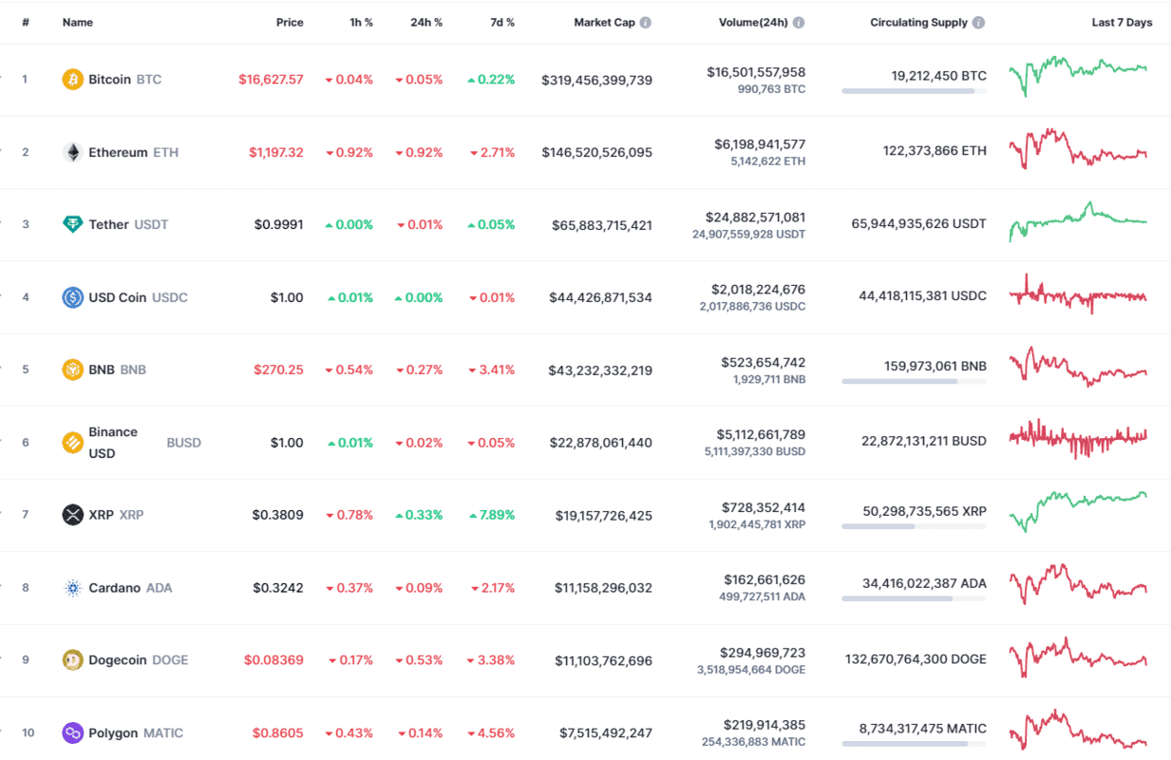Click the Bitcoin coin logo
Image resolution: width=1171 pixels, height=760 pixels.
click(x=72, y=79)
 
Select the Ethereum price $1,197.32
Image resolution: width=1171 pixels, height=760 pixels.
click(x=276, y=152)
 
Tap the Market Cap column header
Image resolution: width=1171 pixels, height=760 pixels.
click(x=604, y=22)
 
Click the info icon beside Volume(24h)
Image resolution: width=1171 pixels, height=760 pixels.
click(x=799, y=22)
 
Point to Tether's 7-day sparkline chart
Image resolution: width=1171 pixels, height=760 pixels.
click(x=1078, y=220)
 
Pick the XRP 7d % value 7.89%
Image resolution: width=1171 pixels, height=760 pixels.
click(x=491, y=515)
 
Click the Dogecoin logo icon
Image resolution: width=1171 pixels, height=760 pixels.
click(x=72, y=659)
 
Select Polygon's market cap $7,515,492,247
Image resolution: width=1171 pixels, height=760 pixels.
click(x=605, y=732)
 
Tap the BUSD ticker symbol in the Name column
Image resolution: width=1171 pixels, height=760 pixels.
click(x=183, y=443)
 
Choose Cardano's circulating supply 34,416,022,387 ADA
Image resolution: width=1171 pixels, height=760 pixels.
click(x=924, y=583)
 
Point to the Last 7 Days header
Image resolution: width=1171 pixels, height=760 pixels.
click(x=1122, y=22)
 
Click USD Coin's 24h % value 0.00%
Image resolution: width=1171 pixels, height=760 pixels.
click(x=419, y=297)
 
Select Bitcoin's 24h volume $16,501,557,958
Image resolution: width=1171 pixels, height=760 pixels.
click(x=756, y=71)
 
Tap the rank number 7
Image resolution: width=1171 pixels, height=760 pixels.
click(x=26, y=515)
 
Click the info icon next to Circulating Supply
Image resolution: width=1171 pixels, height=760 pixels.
click(x=978, y=22)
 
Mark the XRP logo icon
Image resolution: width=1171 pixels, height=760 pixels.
click(x=72, y=515)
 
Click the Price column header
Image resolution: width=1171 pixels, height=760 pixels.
click(x=290, y=22)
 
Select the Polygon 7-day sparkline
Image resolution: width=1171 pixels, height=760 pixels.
click(x=1078, y=730)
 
